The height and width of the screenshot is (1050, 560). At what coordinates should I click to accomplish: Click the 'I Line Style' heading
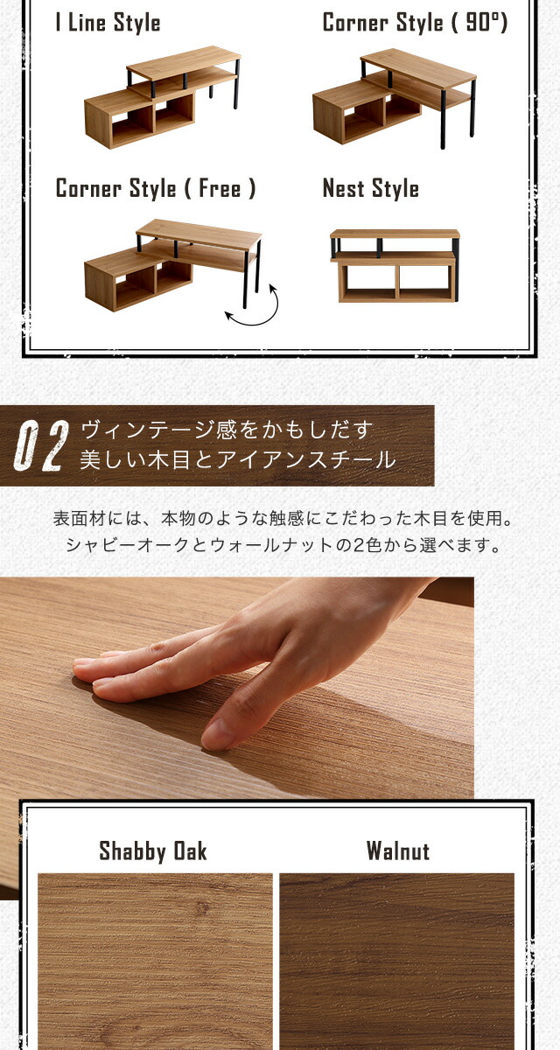(108, 24)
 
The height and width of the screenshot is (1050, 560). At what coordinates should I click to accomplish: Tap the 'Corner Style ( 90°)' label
(416, 24)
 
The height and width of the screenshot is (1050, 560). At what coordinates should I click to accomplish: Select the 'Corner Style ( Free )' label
(156, 188)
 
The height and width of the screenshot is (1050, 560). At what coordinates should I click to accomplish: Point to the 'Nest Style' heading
(371, 188)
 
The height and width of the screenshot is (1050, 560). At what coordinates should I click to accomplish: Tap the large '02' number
(41, 445)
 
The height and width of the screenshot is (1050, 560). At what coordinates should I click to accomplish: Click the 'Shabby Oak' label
(153, 850)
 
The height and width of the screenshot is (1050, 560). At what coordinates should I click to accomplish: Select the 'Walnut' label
(398, 850)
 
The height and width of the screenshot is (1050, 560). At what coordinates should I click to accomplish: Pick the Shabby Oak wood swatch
(155, 961)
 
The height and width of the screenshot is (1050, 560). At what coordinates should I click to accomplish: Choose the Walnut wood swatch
(397, 961)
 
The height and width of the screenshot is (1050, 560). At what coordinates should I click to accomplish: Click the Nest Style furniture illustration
(395, 266)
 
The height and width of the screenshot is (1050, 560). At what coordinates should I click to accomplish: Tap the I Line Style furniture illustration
(162, 97)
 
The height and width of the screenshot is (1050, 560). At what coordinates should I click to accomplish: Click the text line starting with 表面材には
(283, 518)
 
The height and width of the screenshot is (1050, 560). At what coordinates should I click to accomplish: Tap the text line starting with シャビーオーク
(283, 545)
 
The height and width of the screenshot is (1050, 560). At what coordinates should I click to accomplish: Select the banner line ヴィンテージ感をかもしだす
(227, 430)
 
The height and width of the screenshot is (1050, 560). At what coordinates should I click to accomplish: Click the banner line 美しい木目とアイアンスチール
(238, 459)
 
